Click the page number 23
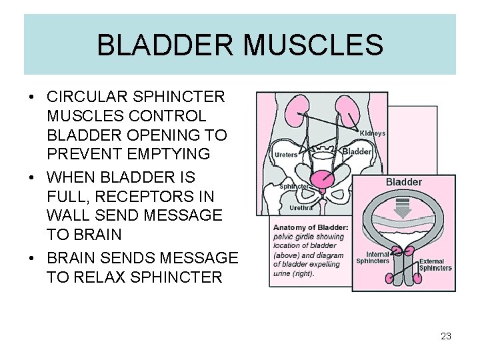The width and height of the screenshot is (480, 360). coord(446,336)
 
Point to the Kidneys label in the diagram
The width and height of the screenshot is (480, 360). coord(372,133)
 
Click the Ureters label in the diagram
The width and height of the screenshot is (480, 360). coord(286,155)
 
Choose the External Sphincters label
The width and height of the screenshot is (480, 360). coord(435,265)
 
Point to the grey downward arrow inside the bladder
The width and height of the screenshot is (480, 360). coord(403,207)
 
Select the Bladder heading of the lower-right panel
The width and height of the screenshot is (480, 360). coord(403,182)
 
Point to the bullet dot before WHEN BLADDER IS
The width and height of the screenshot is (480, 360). coord(31,177)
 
